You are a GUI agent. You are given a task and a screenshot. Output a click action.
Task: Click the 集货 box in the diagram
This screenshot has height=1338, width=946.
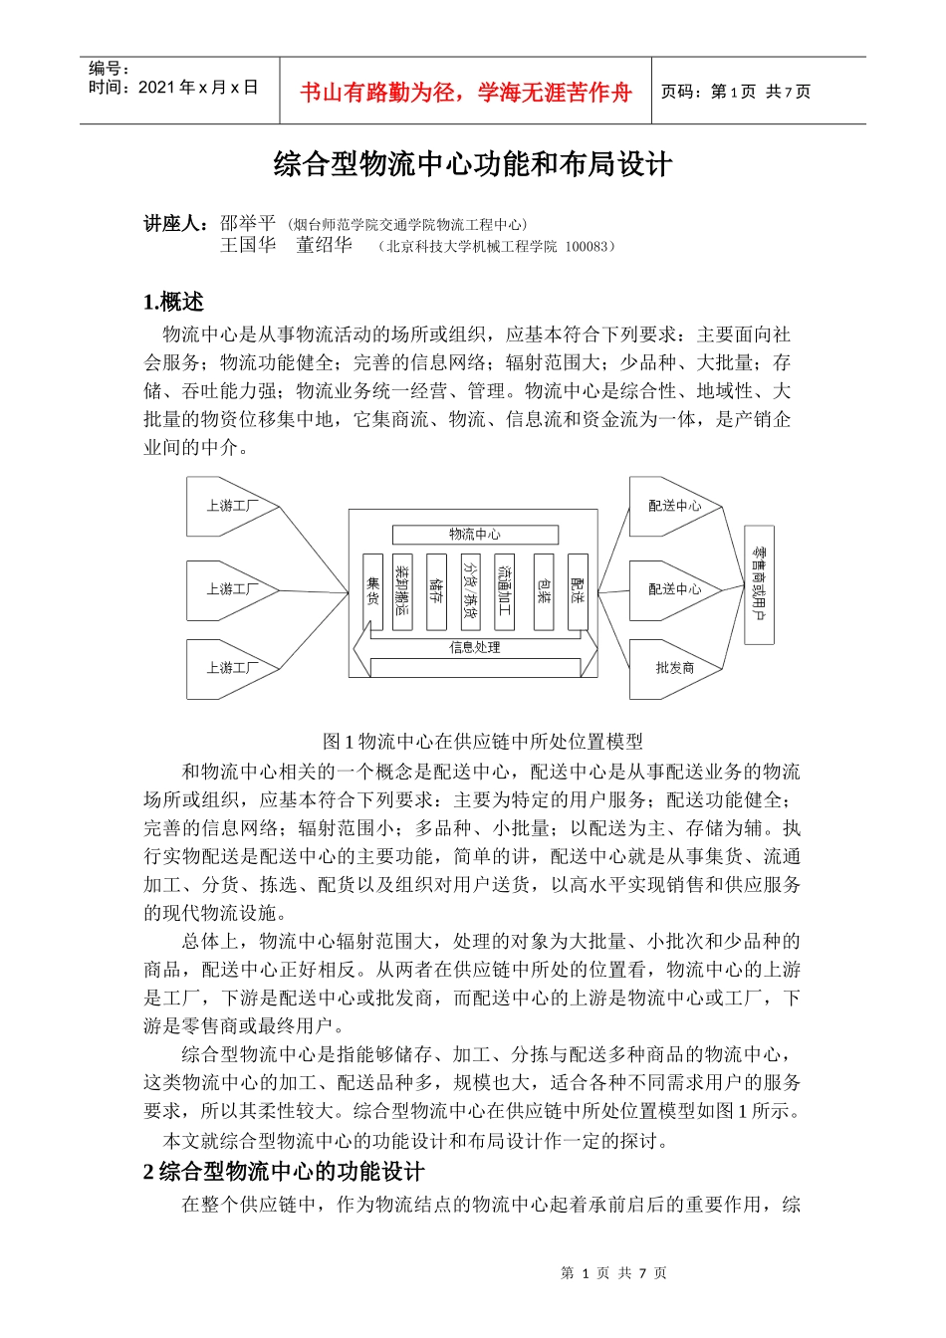coord(372,592)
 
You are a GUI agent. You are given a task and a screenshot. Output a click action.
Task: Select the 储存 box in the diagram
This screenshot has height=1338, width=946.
coord(436,592)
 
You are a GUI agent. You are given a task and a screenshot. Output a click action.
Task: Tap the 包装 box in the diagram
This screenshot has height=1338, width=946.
coord(544,592)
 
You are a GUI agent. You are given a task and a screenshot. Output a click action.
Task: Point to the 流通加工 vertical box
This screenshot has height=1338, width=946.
coord(505,592)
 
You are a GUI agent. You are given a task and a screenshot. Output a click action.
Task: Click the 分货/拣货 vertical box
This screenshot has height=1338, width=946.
coord(470,592)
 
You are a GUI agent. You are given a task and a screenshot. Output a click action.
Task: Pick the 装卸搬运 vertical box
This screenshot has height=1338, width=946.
coord(402,592)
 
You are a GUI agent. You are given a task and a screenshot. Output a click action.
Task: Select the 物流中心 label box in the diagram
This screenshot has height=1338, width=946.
coord(475,535)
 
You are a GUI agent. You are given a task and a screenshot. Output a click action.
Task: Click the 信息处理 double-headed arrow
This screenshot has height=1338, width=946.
coord(475,648)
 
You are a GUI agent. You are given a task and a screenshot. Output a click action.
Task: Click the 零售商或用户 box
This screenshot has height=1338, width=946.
coord(759,584)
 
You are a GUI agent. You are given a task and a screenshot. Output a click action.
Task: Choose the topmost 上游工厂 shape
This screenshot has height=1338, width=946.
coord(232,506)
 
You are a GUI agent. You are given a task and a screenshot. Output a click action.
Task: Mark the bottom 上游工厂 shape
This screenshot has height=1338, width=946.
coord(232,668)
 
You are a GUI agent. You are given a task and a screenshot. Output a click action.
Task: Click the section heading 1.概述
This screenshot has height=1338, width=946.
coord(174,302)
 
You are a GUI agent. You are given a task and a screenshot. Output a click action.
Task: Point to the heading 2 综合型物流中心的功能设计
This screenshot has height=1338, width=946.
coord(284,1172)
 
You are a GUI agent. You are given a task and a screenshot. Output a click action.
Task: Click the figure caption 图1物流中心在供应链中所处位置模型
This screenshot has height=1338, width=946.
coord(483,741)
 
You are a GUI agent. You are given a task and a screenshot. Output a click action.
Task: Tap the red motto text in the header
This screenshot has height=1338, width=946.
coord(466,93)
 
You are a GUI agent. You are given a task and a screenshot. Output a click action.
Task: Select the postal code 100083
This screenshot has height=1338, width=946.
coord(588,247)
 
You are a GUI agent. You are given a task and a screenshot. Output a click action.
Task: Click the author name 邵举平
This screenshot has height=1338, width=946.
coord(247,223)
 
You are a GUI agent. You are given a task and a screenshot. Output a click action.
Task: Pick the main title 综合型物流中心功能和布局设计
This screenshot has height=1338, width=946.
coord(473,165)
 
